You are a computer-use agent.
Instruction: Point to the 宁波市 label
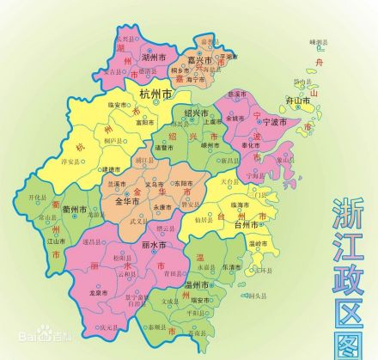pos(277,122)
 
